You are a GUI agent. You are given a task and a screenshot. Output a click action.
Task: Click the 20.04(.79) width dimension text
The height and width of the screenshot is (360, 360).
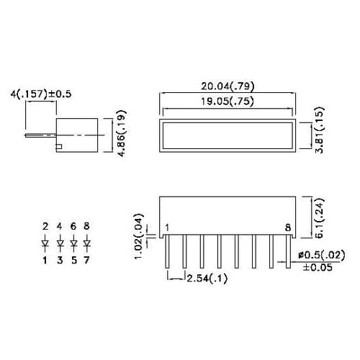228,86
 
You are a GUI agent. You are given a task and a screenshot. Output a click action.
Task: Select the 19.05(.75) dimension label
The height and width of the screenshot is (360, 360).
228,102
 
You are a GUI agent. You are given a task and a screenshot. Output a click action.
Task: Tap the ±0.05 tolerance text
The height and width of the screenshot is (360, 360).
317,267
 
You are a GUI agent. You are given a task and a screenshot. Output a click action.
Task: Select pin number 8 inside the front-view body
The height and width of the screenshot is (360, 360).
288,228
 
